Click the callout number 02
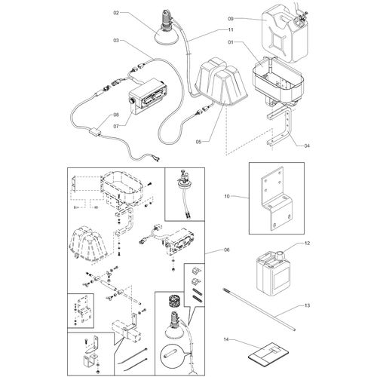click(116, 13)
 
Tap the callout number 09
click(231, 19)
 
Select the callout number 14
click(226, 339)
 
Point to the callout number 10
click(227, 196)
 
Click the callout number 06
click(227, 250)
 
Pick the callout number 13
click(307, 305)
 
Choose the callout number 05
click(198, 142)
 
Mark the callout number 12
click(307, 244)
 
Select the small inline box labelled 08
click(93, 131)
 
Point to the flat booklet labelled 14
click(268, 352)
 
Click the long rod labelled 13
click(259, 310)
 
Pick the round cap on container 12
click(281, 256)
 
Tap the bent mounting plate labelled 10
click(277, 198)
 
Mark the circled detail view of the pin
click(171, 356)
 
